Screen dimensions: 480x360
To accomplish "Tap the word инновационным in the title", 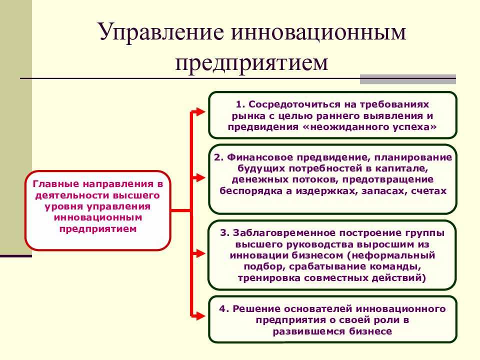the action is tap(318, 32).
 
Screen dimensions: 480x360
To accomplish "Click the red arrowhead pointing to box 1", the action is tap(200, 111).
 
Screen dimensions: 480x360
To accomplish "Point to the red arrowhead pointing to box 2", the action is tap(200, 177).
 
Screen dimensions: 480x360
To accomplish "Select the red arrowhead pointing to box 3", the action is tap(200, 253).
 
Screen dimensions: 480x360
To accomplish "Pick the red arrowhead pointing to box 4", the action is tap(200, 315).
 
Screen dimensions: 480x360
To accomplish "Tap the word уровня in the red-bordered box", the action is tap(63, 207).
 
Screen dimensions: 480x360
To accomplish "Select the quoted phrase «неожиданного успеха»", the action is tap(369, 127).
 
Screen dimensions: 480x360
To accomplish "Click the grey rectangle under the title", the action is tap(408, 79).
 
